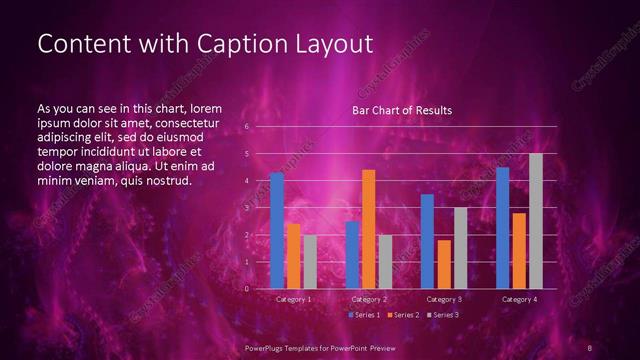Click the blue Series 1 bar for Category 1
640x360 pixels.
277,231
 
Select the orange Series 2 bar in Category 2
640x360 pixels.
369,229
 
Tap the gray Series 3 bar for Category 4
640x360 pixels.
536,221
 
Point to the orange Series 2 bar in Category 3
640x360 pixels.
444,264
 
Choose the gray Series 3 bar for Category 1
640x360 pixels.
310,262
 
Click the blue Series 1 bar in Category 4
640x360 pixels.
503,228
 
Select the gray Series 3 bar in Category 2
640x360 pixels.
385,262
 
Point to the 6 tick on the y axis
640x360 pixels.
247,128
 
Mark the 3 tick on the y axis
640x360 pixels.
247,208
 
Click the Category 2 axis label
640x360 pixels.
369,299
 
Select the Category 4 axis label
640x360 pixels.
519,299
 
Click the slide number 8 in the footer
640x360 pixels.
591,347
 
